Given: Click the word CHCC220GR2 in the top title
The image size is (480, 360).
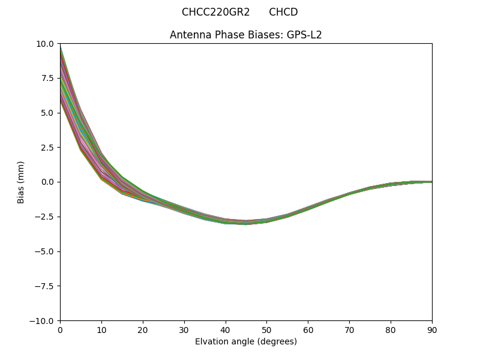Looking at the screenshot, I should (215, 12).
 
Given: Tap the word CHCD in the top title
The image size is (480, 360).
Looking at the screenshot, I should (283, 12).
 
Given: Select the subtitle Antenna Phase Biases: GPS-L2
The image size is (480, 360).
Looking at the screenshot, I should (246, 35).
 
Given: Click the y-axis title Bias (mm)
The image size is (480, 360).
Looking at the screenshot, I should (21, 182).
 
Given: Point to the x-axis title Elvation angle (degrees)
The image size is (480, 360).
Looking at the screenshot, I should (246, 341).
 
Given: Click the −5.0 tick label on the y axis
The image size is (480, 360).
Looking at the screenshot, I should (46, 251).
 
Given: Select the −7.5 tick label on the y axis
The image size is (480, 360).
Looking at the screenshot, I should (46, 286).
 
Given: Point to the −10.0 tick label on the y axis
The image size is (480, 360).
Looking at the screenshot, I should (43, 321).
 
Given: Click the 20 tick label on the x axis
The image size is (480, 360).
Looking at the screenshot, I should (143, 329).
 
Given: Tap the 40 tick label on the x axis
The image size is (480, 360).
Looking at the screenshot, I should (226, 329).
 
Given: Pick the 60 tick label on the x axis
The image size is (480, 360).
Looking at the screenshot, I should (308, 329).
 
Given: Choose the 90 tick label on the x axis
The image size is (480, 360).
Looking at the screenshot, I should (431, 329).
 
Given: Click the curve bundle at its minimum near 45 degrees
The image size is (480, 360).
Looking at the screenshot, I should (246, 223).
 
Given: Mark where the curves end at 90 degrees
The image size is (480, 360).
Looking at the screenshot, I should (431, 182).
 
